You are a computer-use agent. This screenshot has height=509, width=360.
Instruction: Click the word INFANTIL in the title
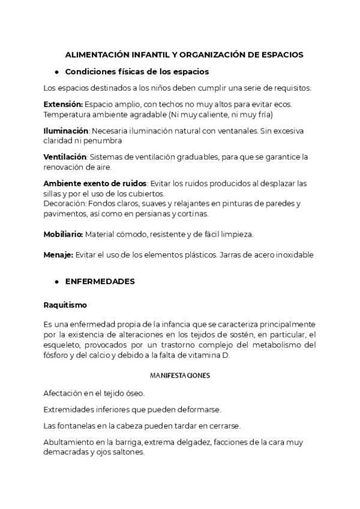coord(147,55)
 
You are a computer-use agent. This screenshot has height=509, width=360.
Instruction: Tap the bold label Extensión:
coord(63,104)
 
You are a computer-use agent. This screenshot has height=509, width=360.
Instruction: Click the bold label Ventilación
coord(65,157)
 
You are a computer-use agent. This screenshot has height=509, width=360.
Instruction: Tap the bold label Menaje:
coord(58,254)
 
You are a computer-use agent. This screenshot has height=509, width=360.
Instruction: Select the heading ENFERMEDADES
coord(100,281)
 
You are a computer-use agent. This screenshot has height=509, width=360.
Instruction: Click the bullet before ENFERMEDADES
coord(56,281)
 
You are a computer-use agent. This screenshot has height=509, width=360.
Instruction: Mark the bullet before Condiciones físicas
coord(56,72)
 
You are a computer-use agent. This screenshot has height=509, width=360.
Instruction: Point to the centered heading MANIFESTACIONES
coord(179,376)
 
